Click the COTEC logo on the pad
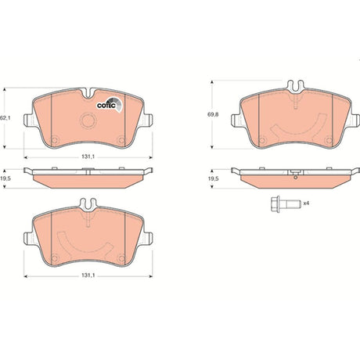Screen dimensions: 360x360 click(x=109, y=105)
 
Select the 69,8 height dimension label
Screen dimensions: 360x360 click(x=213, y=114)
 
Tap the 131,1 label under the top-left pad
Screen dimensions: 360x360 click(x=88, y=157)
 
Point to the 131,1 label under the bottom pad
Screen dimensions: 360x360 click(x=88, y=275)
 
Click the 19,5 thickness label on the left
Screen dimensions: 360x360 click(x=4, y=178)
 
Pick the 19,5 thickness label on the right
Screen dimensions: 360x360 click(x=213, y=178)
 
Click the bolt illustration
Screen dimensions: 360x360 click(x=286, y=203)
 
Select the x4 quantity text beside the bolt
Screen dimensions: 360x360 click(x=306, y=203)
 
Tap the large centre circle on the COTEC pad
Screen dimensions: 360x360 click(x=88, y=121)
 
